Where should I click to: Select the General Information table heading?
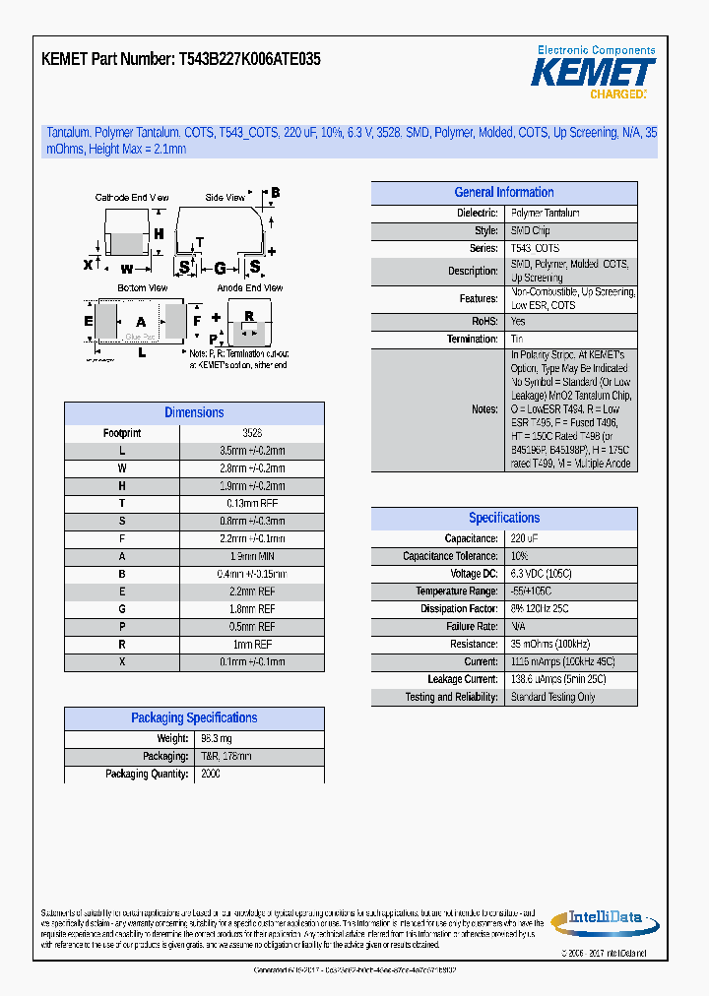pyautogui.click(x=503, y=193)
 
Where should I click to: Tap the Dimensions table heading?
pyautogui.click(x=194, y=413)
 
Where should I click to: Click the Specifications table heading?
pyautogui.click(x=503, y=519)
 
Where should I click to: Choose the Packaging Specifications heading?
pyautogui.click(x=194, y=718)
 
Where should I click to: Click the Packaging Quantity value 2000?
pyautogui.click(x=210, y=775)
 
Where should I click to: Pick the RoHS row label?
pyautogui.click(x=484, y=322)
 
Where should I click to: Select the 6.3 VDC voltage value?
pyautogui.click(x=541, y=574)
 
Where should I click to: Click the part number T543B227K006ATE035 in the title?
pyautogui.click(x=249, y=60)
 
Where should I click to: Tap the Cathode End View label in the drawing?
pyautogui.click(x=131, y=198)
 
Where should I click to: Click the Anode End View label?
pyautogui.click(x=249, y=288)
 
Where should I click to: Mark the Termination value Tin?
pyautogui.click(x=517, y=340)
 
